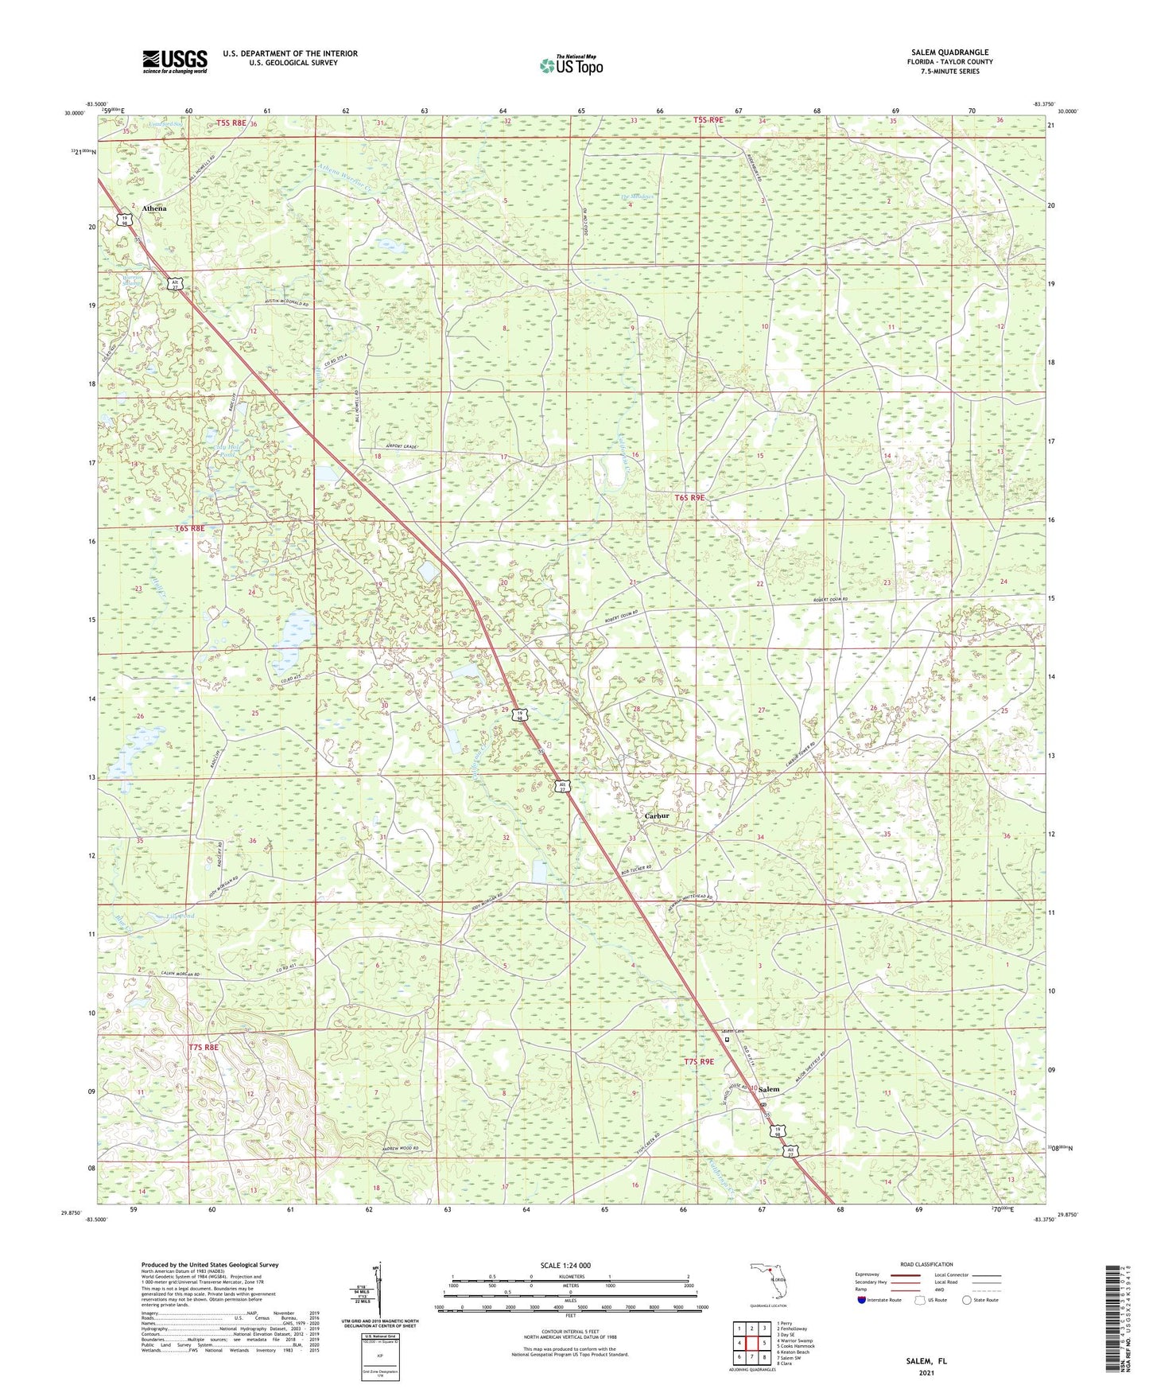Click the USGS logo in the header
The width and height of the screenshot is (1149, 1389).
tap(175, 61)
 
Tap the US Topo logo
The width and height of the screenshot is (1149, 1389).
tap(571, 66)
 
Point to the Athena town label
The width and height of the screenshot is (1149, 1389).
tap(154, 208)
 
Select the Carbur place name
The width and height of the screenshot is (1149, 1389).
tap(657, 816)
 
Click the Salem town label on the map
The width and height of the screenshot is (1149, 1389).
tap(768, 1090)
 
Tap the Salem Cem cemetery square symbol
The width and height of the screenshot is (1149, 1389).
tap(726, 1038)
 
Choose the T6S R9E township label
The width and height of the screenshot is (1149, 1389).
tap(689, 497)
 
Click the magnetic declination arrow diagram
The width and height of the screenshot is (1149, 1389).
tap(378, 1290)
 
